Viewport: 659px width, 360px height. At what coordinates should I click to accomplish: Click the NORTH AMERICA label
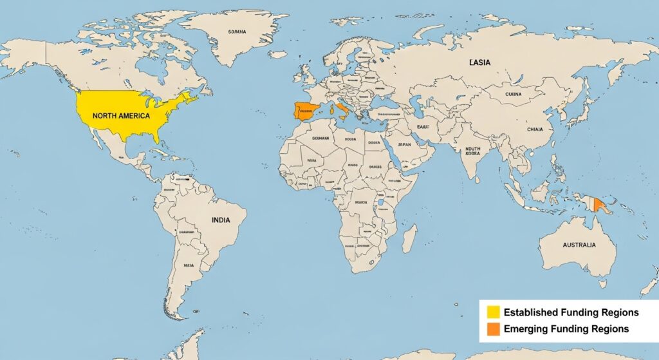pos(121,116)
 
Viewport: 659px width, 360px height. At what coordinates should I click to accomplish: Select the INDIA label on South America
pos(221,220)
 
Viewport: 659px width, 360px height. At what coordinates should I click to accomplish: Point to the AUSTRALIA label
pos(579,245)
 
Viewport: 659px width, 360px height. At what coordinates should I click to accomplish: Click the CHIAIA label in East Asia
pos(535,129)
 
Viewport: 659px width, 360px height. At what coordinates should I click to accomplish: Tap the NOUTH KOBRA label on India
pos(472,152)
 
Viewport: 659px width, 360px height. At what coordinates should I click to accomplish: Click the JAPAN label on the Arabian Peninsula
pos(404,145)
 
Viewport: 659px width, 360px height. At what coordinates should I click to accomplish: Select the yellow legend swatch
pos(494,312)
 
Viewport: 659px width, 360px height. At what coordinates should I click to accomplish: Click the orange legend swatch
pos(494,329)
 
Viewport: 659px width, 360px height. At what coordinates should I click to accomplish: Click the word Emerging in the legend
pos(526,329)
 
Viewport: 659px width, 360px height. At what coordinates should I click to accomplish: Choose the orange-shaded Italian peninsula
pos(342,110)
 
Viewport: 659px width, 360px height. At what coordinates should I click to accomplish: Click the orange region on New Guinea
pos(600,205)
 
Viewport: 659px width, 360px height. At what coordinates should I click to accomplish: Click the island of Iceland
pos(278,55)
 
